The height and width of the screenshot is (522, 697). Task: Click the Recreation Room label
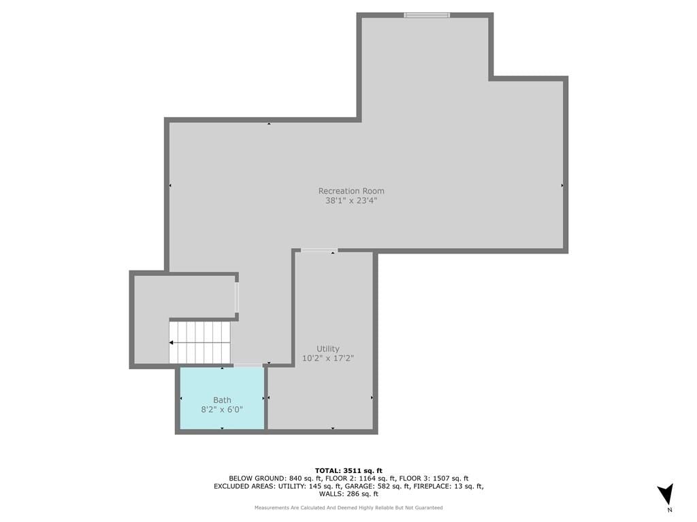click(x=351, y=191)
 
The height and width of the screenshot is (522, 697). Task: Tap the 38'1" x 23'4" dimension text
click(x=351, y=201)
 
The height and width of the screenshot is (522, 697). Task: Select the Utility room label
click(x=328, y=349)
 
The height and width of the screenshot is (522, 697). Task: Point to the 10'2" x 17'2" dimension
click(x=328, y=359)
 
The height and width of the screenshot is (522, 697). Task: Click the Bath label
click(x=223, y=400)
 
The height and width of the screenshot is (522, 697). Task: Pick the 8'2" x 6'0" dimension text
click(x=223, y=410)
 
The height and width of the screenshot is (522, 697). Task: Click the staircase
click(x=200, y=343)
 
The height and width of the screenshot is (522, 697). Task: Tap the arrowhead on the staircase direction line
click(x=171, y=343)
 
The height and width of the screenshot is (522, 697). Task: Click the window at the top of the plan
click(x=427, y=15)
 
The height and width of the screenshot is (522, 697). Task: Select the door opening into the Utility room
click(x=319, y=251)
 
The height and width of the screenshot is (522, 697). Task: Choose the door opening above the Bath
click(x=248, y=365)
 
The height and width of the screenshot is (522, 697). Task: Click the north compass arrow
click(x=666, y=494)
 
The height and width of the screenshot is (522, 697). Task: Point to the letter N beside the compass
click(x=670, y=510)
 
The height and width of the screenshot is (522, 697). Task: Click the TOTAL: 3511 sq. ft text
click(x=348, y=471)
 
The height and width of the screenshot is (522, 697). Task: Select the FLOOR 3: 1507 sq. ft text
click(x=434, y=478)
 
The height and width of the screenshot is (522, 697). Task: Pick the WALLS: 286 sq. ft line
click(x=348, y=493)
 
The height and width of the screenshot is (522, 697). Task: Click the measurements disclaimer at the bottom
click(x=348, y=508)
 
